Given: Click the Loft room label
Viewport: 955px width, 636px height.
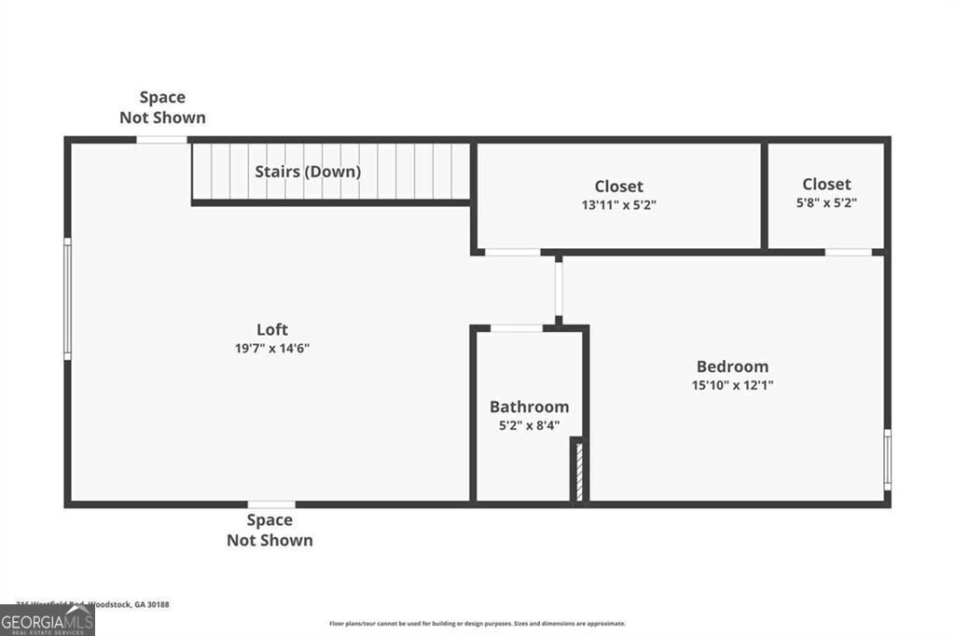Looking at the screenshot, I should tap(272, 329).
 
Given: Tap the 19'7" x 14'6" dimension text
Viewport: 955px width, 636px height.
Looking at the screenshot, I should tap(272, 348).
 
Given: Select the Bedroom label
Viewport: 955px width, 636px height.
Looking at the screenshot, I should tap(732, 366).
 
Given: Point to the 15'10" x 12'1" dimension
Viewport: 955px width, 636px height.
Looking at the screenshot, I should tap(732, 384).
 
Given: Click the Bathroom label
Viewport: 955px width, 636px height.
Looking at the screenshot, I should tap(529, 407).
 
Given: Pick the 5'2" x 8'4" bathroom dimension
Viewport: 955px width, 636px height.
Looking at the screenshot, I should tap(529, 424).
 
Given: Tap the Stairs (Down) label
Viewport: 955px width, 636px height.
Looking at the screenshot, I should tap(308, 172).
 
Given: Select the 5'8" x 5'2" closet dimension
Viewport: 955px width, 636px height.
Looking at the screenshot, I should tap(826, 201).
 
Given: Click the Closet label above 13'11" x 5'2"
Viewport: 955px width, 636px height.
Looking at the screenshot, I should tap(618, 187).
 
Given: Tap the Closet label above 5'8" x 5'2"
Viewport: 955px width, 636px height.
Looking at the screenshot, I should tap(826, 184).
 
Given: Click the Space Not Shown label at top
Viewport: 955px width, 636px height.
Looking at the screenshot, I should tap(162, 107).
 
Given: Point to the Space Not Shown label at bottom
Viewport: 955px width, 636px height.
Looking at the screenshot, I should tap(270, 530).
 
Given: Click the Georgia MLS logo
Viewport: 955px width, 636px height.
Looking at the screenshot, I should tap(47, 621).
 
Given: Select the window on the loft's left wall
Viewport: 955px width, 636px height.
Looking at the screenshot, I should tap(67, 298).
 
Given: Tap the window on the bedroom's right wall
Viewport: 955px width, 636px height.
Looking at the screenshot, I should tap(887, 459).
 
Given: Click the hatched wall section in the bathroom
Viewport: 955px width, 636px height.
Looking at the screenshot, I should tap(578, 472).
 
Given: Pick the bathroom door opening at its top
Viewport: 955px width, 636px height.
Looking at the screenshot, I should tap(517, 328).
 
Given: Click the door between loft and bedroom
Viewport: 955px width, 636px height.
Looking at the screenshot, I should tap(559, 288).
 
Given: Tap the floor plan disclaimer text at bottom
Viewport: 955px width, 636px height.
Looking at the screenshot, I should tap(477, 624).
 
